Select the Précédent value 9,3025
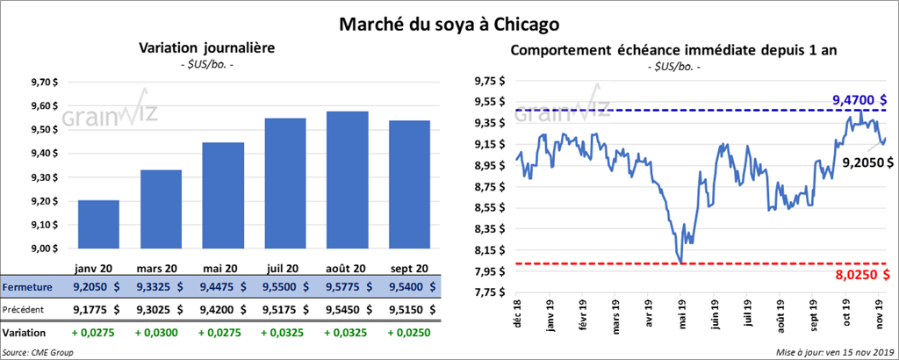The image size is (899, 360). point(160,309)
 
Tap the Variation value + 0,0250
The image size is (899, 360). point(407,334)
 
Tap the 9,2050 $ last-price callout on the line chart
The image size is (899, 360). point(866,162)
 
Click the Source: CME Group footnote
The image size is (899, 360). point(39,352)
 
